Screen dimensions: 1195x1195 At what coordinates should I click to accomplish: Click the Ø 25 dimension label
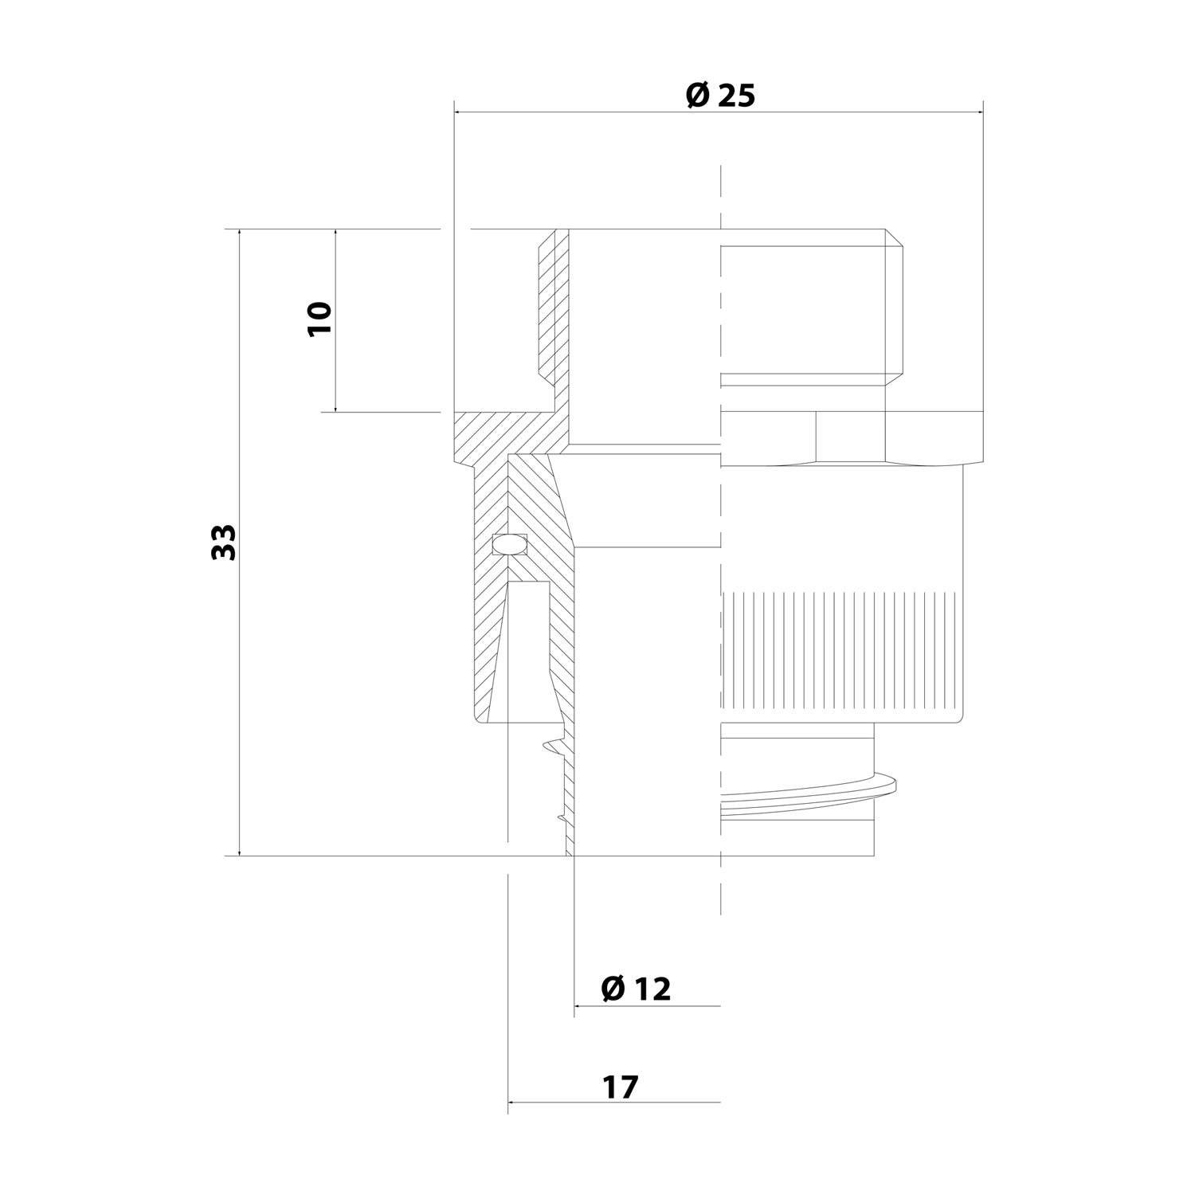tap(719, 96)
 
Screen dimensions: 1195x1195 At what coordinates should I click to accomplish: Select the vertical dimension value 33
tap(225, 542)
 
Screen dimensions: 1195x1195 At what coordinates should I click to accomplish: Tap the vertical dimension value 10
tap(319, 319)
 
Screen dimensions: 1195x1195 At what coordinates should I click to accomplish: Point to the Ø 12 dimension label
tap(637, 989)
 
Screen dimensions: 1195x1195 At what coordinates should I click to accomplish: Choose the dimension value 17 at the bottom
tap(621, 1087)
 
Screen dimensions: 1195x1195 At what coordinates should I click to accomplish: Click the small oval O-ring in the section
tap(510, 543)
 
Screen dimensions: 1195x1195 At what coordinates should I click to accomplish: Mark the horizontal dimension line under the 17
tap(613, 1103)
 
